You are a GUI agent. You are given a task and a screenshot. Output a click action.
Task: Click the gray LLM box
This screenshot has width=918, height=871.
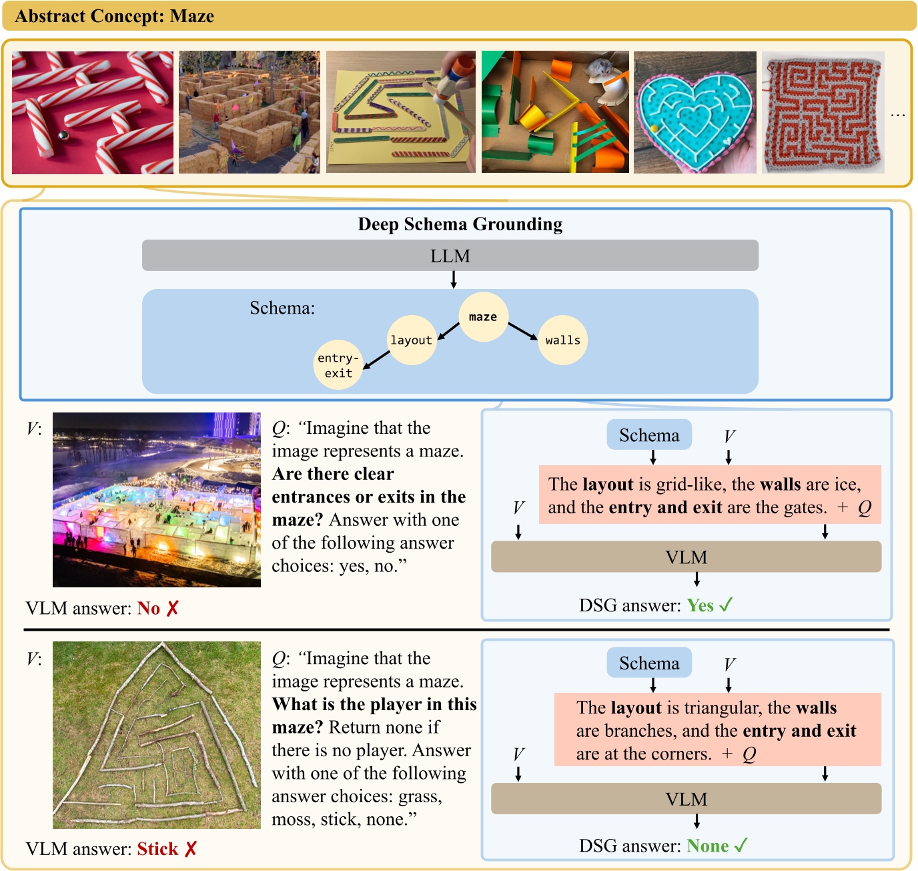point(450,256)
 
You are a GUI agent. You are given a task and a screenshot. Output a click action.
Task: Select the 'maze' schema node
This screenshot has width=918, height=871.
point(483,317)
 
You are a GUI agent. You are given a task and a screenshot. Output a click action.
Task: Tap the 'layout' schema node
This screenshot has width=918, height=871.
point(412,340)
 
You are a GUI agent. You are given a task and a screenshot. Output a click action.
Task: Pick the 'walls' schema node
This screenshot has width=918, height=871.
point(562,340)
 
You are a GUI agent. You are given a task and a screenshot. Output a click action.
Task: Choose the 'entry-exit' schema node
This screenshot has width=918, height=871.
point(338,366)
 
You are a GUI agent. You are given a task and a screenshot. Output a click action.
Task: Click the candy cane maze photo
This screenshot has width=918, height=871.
point(93,112)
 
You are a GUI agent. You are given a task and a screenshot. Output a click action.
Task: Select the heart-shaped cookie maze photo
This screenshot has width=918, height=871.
point(695,112)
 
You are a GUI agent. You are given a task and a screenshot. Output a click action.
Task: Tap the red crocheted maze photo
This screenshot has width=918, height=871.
point(823,112)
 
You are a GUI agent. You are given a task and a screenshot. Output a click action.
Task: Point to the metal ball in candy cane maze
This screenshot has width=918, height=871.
point(64,135)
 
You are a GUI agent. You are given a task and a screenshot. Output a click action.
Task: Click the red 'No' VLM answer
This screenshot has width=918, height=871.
point(149,609)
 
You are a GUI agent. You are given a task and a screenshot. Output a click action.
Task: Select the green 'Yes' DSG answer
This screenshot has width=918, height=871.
point(701,605)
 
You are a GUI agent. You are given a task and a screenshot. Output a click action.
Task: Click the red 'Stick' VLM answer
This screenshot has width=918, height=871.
point(157,849)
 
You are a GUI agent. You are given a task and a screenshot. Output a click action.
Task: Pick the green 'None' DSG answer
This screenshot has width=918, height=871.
point(708,846)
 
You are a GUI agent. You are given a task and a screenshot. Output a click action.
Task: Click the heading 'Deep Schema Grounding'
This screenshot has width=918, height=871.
point(460,224)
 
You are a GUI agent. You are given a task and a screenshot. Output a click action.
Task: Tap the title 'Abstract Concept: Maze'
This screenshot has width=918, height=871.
point(114,16)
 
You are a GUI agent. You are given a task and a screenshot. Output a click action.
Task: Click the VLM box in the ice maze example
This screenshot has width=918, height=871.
point(686,557)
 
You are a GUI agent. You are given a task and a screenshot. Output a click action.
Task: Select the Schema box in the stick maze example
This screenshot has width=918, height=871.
point(648,663)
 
